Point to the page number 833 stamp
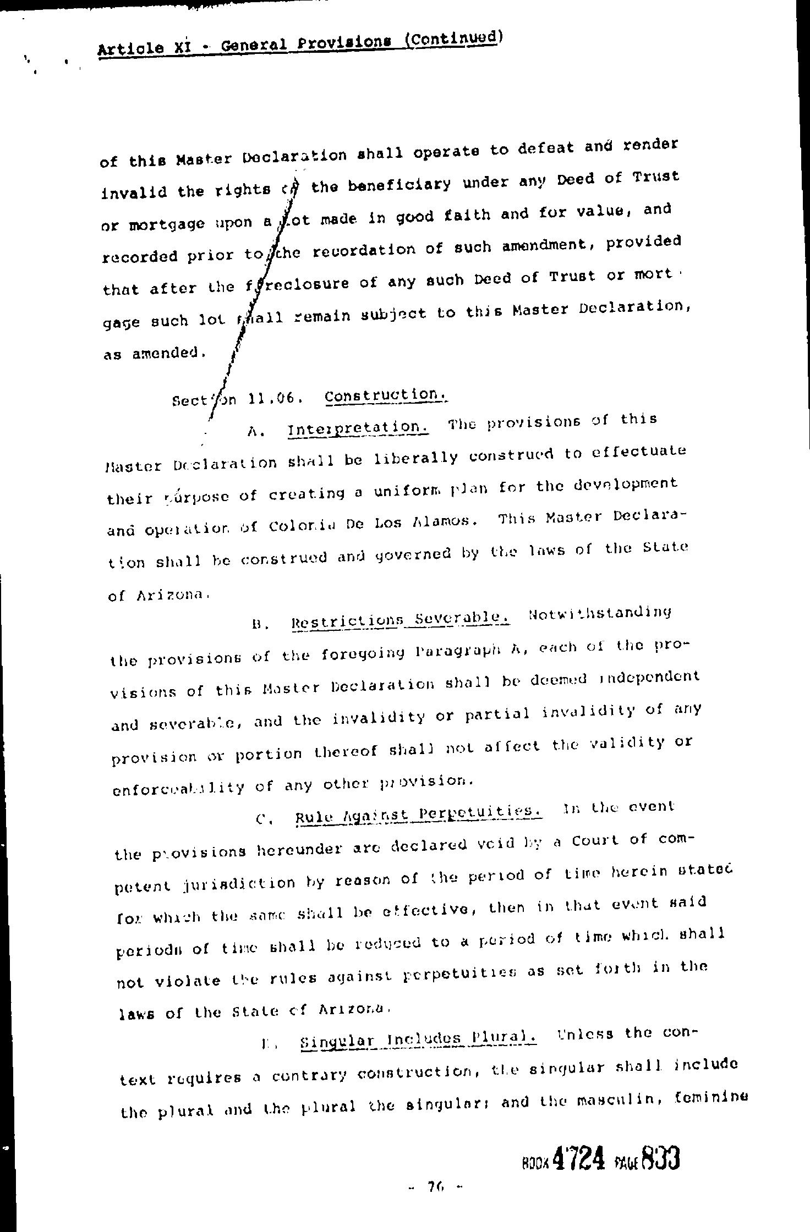coord(660,1157)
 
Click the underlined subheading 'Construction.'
coord(385,395)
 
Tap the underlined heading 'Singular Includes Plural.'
coord(418,1039)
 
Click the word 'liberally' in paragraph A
coord(415,458)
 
